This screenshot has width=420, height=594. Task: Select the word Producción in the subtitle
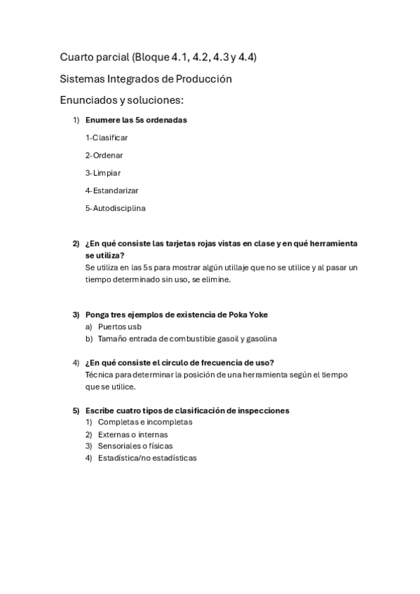point(206,79)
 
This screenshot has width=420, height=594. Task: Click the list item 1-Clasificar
point(107,138)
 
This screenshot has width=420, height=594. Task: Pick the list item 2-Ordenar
point(104,156)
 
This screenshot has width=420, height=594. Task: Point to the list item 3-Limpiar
point(103,173)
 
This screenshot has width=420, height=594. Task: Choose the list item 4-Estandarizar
point(112,191)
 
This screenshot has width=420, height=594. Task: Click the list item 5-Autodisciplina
point(116,208)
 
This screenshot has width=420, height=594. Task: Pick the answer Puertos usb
point(120,326)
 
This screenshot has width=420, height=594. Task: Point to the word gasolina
point(261,339)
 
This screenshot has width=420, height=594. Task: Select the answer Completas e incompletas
point(145,422)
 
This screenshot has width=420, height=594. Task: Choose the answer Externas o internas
point(133,434)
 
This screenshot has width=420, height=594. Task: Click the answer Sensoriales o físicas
point(135,446)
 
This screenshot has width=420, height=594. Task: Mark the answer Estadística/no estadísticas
point(147,458)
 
